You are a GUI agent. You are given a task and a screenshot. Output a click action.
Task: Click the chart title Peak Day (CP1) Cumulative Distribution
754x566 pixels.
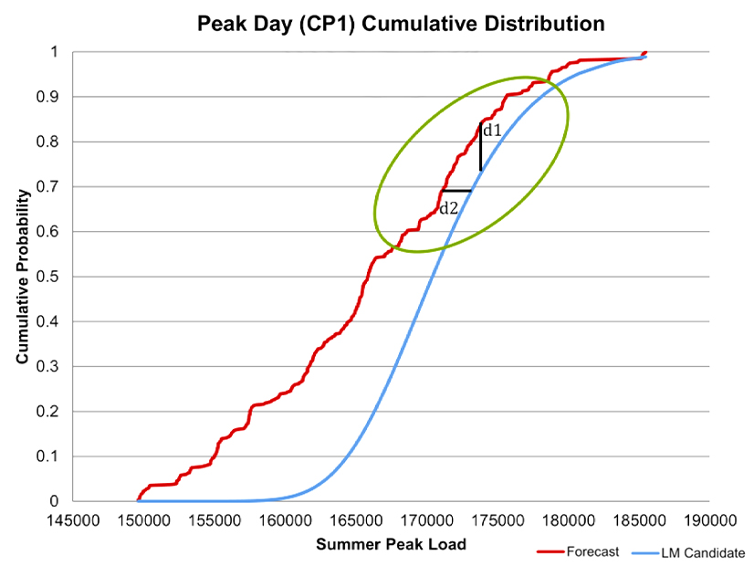[x=401, y=24]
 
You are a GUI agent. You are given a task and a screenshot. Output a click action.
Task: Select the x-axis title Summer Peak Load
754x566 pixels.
[x=391, y=545]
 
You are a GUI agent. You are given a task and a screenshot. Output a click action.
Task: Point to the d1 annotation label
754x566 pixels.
[x=492, y=131]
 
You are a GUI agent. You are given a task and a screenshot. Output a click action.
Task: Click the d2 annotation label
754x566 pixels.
[x=448, y=208]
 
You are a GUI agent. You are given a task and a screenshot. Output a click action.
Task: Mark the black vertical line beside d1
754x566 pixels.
[x=480, y=146]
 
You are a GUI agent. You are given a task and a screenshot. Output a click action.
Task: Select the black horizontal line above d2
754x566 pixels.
[x=456, y=191]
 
